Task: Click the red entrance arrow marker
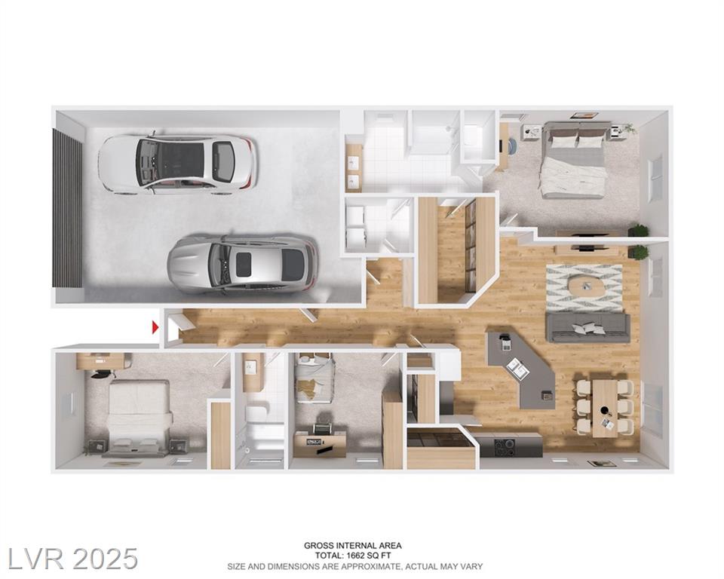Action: point(155,327)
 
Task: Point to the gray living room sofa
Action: point(587,327)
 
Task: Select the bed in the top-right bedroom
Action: point(573,160)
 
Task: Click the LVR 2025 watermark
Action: point(73,558)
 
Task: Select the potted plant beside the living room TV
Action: point(639,252)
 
